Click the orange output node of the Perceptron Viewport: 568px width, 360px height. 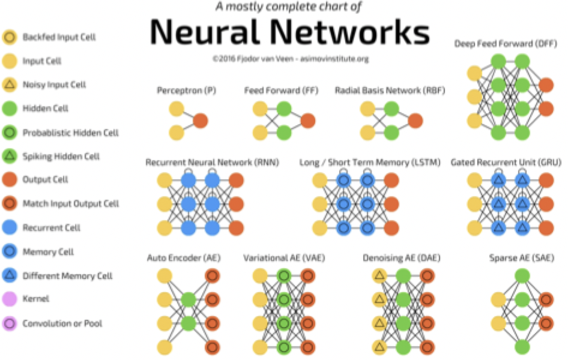click(x=200, y=121)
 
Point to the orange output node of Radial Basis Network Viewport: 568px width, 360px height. click(x=414, y=121)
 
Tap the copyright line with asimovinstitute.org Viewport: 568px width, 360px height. click(x=290, y=59)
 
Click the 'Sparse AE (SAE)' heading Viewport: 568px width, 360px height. click(x=522, y=258)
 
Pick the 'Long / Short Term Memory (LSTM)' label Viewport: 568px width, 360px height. click(x=370, y=162)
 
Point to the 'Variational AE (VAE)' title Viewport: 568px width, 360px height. click(x=283, y=258)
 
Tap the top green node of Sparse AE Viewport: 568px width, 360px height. click(x=522, y=277)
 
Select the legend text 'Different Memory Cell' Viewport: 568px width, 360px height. click(x=67, y=276)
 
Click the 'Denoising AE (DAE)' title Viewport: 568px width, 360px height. click(x=399, y=258)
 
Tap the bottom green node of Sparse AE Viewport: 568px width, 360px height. click(x=522, y=347)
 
